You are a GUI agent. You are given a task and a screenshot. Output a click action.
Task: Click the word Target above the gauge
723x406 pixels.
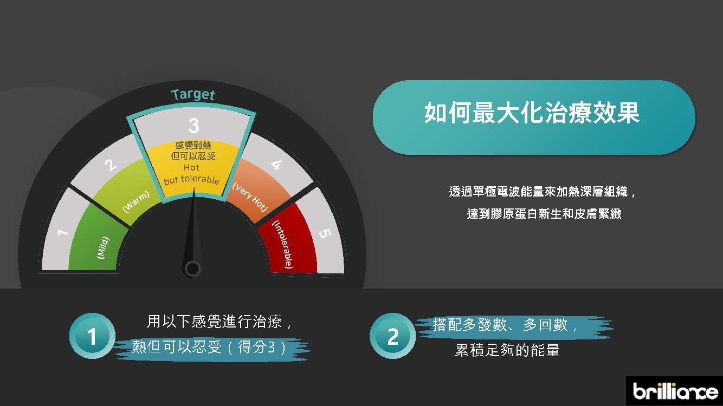pyautogui.click(x=193, y=95)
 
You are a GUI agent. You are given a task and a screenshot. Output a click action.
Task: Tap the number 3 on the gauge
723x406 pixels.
pyautogui.click(x=193, y=126)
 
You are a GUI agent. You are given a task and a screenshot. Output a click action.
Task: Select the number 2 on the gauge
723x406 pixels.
pyautogui.click(x=111, y=165)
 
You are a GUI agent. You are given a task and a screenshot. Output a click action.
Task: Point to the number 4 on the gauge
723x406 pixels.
pyautogui.click(x=276, y=165)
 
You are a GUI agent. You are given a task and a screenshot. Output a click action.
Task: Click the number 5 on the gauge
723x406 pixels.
pyautogui.click(x=325, y=233)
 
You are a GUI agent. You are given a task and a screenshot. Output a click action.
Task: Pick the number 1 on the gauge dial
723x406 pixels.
pyautogui.click(x=63, y=232)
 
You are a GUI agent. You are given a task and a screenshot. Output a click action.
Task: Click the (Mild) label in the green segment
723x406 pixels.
pyautogui.click(x=103, y=248)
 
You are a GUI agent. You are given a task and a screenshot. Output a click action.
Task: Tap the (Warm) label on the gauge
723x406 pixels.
pyautogui.click(x=136, y=201)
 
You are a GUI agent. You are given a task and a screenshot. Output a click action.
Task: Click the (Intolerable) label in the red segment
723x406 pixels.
pyautogui.click(x=283, y=245)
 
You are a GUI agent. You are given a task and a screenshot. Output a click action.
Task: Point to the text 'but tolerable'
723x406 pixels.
pyautogui.click(x=191, y=180)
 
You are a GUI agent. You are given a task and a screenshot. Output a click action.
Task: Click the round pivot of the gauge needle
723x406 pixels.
pyautogui.click(x=192, y=269)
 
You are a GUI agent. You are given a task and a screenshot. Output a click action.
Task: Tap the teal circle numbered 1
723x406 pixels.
pyautogui.click(x=92, y=336)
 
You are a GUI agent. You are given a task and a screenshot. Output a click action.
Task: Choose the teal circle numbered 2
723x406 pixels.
pyautogui.click(x=393, y=336)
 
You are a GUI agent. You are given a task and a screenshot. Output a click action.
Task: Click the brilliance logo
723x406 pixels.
pyautogui.click(x=675, y=391)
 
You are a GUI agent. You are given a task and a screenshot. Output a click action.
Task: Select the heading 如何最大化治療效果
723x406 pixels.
pyautogui.click(x=532, y=113)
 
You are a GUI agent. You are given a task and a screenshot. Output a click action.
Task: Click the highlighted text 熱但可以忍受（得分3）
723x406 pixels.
pyautogui.click(x=209, y=348)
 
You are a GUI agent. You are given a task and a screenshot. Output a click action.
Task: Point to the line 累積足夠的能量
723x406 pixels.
pyautogui.click(x=507, y=350)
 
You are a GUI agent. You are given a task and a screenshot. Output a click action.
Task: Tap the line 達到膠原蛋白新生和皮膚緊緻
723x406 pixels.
pyautogui.click(x=544, y=214)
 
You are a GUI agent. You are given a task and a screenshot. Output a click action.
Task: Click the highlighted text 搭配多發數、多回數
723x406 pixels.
pyautogui.click(x=505, y=325)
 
